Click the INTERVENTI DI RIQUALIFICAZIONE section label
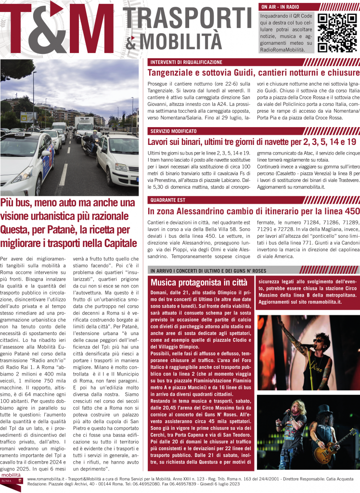pos(186,63)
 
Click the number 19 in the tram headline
pos(351,142)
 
